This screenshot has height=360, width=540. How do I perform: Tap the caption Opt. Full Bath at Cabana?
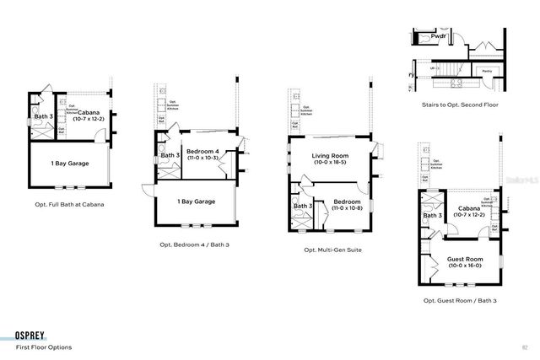tap(70, 203)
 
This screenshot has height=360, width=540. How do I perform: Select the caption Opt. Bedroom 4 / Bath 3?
tap(194, 244)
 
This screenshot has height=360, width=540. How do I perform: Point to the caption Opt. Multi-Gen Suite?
tap(332, 250)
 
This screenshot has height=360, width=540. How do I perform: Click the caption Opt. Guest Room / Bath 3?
tap(459, 300)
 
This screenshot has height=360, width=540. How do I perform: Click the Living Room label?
tap(332, 156)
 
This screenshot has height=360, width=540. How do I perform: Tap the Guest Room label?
tap(463, 259)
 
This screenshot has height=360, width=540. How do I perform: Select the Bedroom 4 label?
tap(203, 151)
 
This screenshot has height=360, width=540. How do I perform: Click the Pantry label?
tap(487, 72)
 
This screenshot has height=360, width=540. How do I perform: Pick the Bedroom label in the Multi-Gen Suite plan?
tap(347, 201)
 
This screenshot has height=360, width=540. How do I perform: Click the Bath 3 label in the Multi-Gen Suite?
tap(303, 206)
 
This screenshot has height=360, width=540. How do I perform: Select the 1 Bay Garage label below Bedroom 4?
tap(196, 201)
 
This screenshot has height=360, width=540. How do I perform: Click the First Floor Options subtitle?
tap(44, 347)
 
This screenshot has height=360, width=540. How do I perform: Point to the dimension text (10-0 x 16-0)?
tap(463, 266)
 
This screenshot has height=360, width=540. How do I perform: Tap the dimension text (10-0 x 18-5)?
tap(332, 163)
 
